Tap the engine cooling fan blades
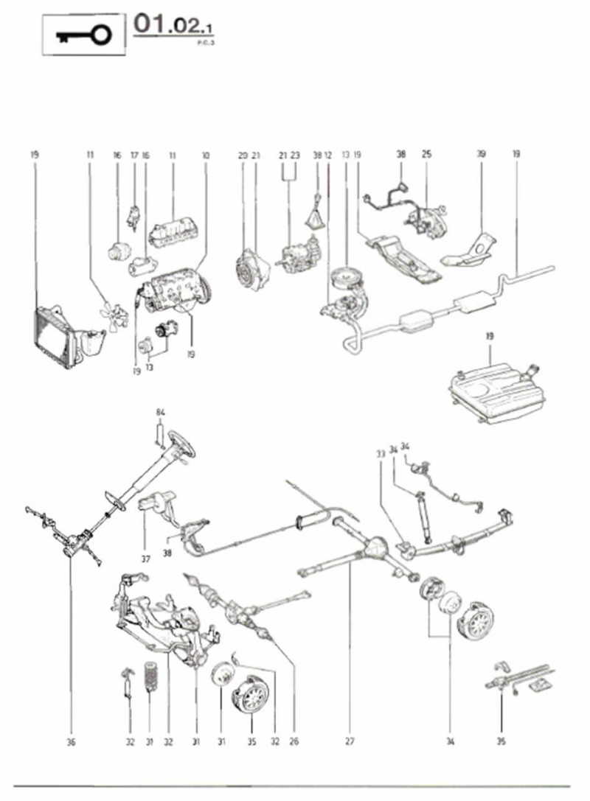coord(114,312)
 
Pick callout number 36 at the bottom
coord(71,741)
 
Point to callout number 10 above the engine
coord(205,155)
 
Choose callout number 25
coord(426,155)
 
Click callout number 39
coord(481,155)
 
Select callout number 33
coord(381,454)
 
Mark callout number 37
coord(145,559)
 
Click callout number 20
coord(243,155)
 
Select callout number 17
coord(134,155)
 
